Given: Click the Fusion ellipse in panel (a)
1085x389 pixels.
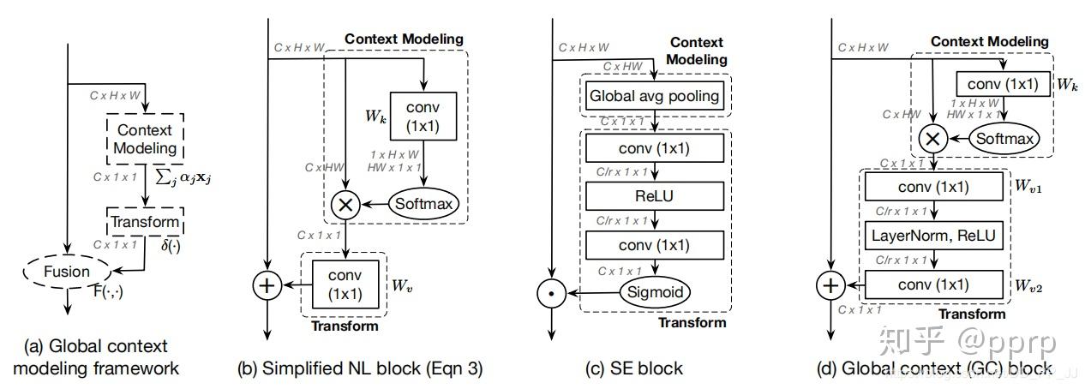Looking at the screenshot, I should coord(68,272).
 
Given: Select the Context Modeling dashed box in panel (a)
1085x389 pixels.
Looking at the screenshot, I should coord(143,139).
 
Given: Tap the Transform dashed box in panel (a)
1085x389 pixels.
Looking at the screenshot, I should coord(145,222).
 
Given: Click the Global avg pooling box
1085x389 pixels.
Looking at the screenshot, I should coord(654,96).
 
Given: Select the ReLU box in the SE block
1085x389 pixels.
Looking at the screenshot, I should coord(654,195).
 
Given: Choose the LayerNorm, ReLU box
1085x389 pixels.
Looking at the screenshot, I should coord(933,234).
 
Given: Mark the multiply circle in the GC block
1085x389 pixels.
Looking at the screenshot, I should coord(932,137).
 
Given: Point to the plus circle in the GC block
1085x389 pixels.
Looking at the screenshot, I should coord(829,284).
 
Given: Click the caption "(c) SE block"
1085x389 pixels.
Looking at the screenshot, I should coord(635,368).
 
